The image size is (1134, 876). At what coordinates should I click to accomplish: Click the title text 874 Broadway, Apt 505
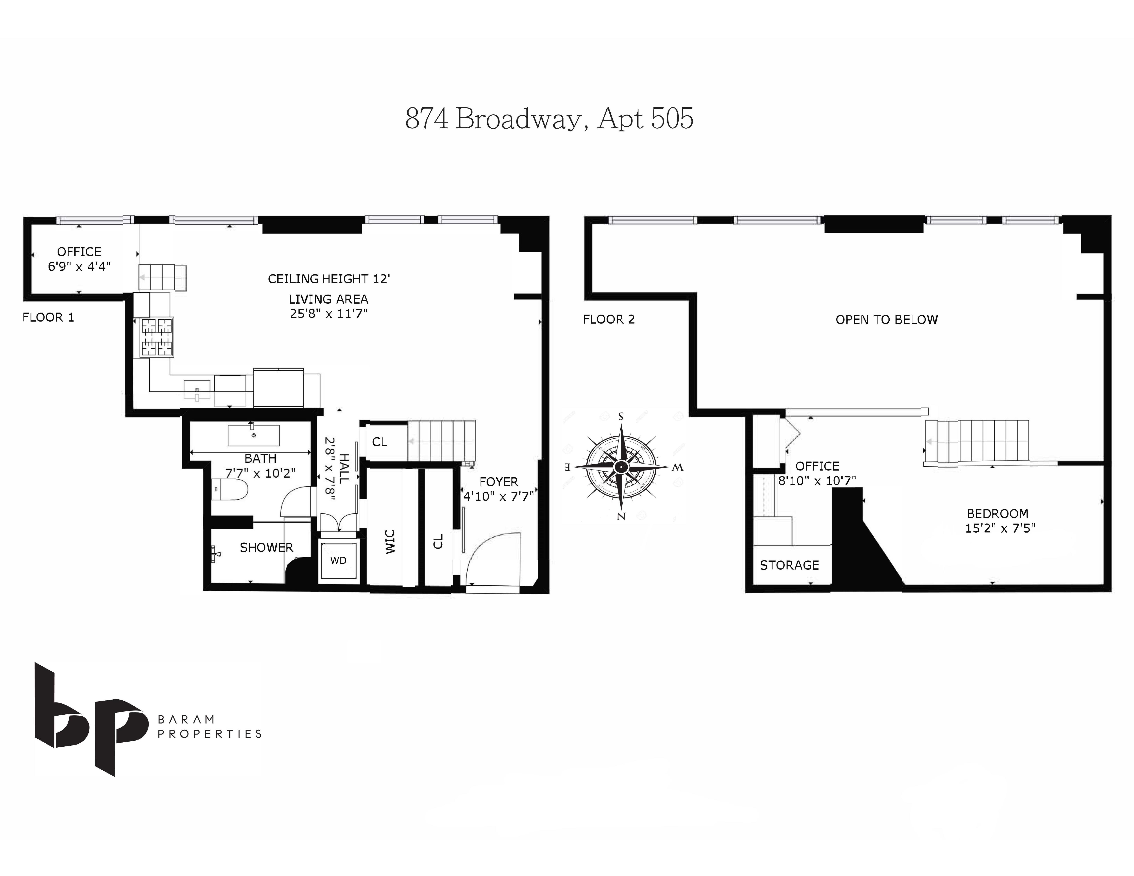(x=549, y=119)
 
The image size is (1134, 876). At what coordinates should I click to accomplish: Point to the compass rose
(x=621, y=467)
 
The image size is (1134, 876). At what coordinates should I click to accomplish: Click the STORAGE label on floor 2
(x=789, y=565)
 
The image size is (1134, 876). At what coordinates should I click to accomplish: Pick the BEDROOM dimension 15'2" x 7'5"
(x=1000, y=528)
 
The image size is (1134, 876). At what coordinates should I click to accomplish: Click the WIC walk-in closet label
(x=390, y=541)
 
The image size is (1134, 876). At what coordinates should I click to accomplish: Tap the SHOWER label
(x=266, y=548)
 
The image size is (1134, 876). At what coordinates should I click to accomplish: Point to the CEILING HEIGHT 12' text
(x=329, y=279)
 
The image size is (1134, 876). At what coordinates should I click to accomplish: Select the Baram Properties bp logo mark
(x=88, y=719)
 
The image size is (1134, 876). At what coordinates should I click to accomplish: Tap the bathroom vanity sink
(x=253, y=435)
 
